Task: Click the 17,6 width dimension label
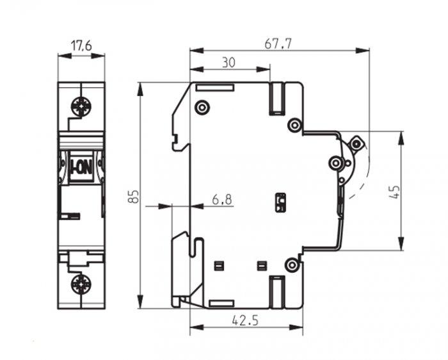coord(81,45)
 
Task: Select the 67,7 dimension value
coord(278,44)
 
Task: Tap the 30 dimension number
coord(229,62)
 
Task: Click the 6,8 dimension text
coord(222,199)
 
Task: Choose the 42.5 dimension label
coord(245,320)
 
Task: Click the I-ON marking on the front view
coord(81,168)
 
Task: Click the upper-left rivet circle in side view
coord(202,108)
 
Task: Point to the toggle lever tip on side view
coord(358,143)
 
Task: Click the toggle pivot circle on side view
coord(335,163)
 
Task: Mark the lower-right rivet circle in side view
coord(292,265)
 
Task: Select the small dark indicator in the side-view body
coord(280,202)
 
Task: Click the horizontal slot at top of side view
coord(215,88)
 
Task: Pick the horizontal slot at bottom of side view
coord(221,304)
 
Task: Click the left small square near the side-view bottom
coord(220,266)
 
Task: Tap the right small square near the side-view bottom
coord(262,266)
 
